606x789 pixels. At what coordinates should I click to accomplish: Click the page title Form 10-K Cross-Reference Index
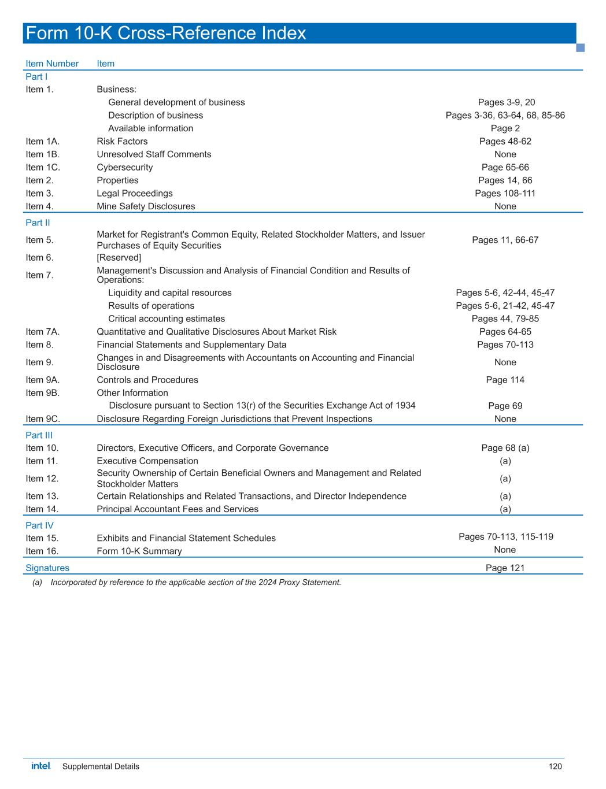point(166,34)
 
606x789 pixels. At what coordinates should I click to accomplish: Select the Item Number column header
point(52,64)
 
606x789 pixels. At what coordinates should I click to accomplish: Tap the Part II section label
point(36,223)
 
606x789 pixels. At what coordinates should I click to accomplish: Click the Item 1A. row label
point(42,142)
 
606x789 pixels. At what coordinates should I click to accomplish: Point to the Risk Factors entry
point(122,142)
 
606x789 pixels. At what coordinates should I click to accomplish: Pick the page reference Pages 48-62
point(505,142)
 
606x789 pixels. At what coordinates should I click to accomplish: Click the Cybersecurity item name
point(125,168)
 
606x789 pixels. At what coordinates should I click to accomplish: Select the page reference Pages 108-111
point(505,194)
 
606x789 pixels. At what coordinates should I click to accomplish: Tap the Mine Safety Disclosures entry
point(146,206)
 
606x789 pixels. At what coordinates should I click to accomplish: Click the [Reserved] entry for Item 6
point(119,258)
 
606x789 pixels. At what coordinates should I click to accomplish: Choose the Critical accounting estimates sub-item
point(167,319)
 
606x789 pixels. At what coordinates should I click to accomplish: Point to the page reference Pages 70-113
point(505,345)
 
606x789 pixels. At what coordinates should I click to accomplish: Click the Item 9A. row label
point(42,380)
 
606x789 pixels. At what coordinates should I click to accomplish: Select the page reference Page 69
point(505,406)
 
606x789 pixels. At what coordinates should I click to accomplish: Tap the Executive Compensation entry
point(147,461)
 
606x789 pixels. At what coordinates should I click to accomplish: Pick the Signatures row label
point(47,568)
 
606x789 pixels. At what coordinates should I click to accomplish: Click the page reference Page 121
point(505,568)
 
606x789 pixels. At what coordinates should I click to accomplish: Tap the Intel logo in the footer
point(41,766)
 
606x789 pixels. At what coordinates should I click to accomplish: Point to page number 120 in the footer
point(555,767)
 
